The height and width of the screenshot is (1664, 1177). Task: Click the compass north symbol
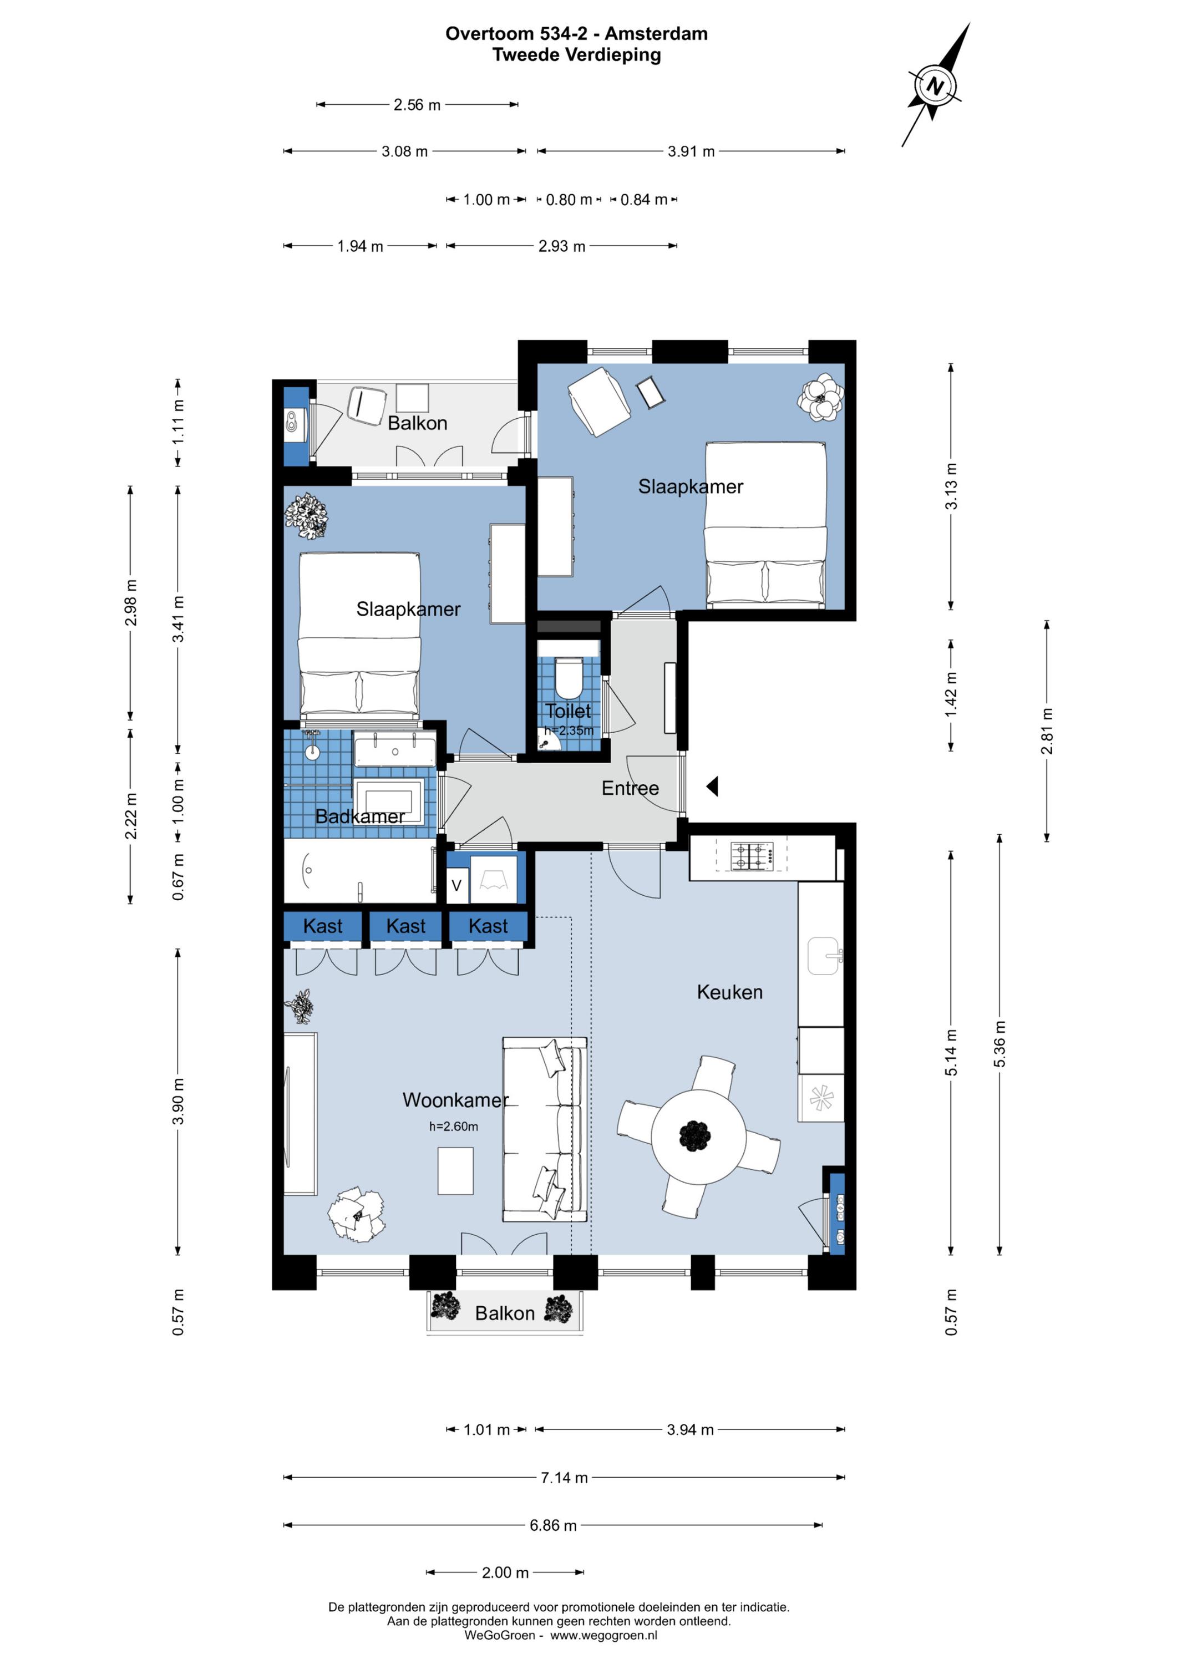pyautogui.click(x=936, y=85)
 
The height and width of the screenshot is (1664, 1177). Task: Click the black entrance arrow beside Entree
pyautogui.click(x=712, y=787)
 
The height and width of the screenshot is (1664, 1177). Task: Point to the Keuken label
pyautogui.click(x=730, y=992)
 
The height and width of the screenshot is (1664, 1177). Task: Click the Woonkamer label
pyautogui.click(x=456, y=1100)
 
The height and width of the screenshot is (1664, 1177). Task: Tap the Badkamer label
pyautogui.click(x=360, y=817)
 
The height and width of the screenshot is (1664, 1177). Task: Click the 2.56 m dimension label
pyautogui.click(x=418, y=105)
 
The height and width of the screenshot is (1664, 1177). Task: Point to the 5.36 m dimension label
pyautogui.click(x=1000, y=1044)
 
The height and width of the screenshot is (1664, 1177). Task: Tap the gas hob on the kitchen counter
pyautogui.click(x=752, y=855)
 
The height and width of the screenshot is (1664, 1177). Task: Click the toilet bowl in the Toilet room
pyautogui.click(x=569, y=676)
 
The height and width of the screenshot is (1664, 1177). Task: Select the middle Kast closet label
pyautogui.click(x=406, y=926)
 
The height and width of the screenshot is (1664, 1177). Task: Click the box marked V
pyautogui.click(x=456, y=886)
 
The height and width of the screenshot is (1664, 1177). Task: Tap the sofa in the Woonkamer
pyautogui.click(x=544, y=1130)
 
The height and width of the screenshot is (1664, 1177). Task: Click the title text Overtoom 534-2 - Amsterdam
pyautogui.click(x=577, y=33)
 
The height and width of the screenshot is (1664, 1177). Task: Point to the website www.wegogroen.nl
pyautogui.click(x=603, y=1635)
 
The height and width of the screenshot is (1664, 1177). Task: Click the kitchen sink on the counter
pyautogui.click(x=823, y=956)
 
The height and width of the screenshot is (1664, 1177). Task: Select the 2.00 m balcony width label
pyautogui.click(x=506, y=1572)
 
